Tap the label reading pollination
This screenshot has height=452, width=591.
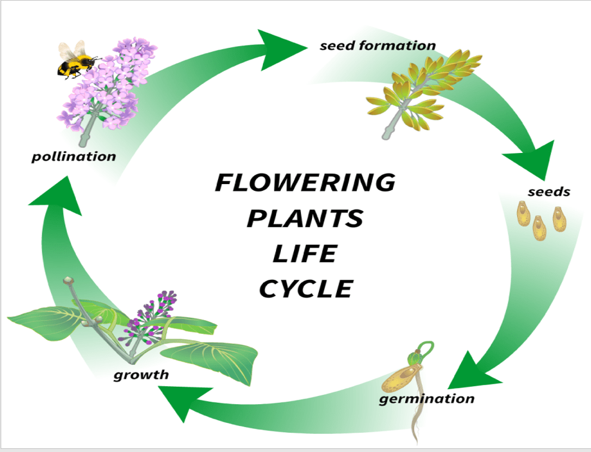73,156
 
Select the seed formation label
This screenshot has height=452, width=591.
377,45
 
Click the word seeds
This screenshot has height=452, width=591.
548,191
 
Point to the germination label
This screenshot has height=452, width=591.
426,399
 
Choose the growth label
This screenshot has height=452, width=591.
140,374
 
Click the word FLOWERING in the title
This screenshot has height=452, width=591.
305,183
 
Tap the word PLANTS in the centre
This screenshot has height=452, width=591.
305,218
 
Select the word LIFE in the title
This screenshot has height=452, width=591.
305,253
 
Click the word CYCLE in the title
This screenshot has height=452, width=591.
305,288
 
